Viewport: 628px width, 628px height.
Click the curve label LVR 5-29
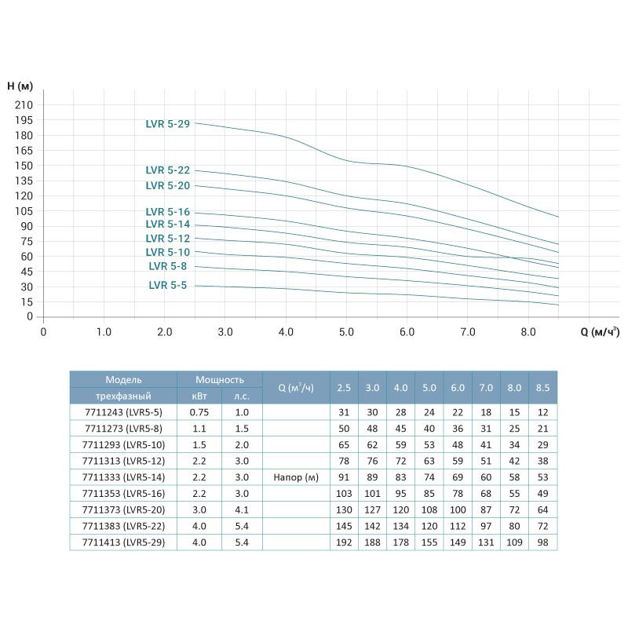[x=167, y=123]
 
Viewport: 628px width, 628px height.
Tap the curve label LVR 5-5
[x=167, y=286]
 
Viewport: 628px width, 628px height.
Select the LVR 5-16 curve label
[x=167, y=211]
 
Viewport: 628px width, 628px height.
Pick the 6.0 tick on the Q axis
[x=407, y=332]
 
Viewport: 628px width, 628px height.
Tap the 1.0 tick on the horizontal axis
[x=103, y=332]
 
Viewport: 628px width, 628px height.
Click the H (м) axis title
[x=20, y=85]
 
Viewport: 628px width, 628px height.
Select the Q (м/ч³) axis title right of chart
[x=600, y=332]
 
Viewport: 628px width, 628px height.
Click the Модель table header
[x=123, y=379]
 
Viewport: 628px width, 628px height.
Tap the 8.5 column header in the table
[x=542, y=387]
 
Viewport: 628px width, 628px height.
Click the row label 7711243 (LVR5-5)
[x=123, y=412]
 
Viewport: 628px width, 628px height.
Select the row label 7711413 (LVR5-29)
[x=123, y=541]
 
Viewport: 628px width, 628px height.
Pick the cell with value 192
[x=344, y=541]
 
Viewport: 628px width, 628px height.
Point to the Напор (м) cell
[x=297, y=476]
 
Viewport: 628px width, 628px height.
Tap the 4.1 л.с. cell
[x=242, y=509]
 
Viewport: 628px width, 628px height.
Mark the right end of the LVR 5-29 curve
[x=558, y=217]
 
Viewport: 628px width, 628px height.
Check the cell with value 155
[x=429, y=541]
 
